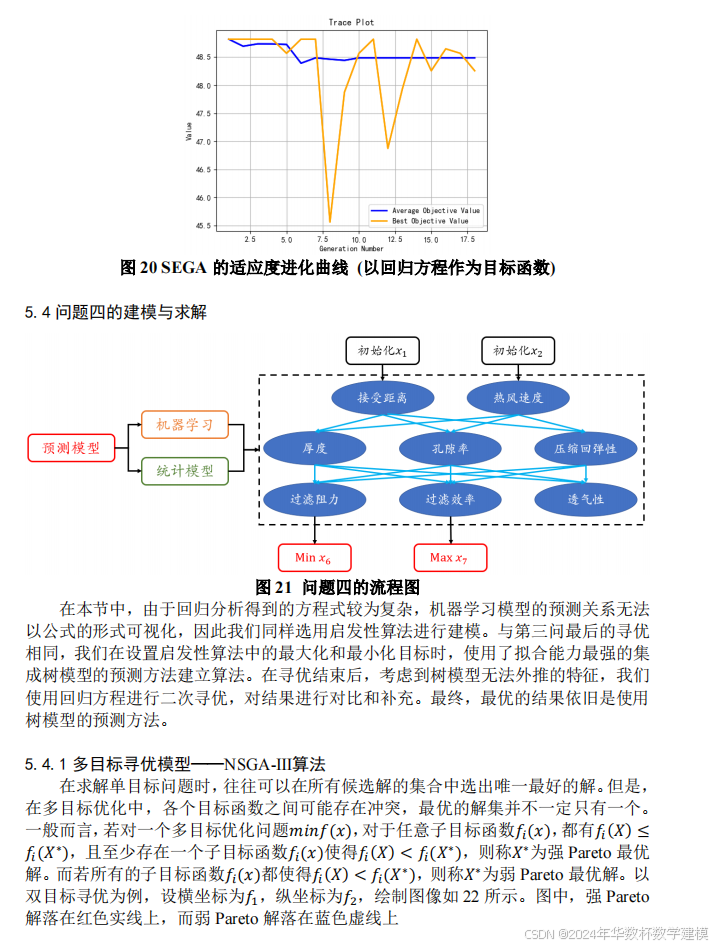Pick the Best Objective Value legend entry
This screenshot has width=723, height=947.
[x=430, y=221]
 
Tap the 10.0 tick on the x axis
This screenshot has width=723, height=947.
[x=358, y=240]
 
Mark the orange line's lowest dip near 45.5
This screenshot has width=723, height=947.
[x=330, y=222]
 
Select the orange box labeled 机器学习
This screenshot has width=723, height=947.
[x=185, y=425]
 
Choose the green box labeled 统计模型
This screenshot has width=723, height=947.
[x=185, y=470]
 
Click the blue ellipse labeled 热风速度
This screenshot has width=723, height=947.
[x=518, y=397]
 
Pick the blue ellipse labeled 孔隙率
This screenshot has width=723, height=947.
[x=448, y=448]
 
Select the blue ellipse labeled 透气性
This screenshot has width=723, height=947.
[x=585, y=499]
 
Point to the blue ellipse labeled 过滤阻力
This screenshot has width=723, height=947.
[x=313, y=499]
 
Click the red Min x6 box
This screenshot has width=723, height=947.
[x=313, y=557]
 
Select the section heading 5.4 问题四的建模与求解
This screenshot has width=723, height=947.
[x=116, y=312]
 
